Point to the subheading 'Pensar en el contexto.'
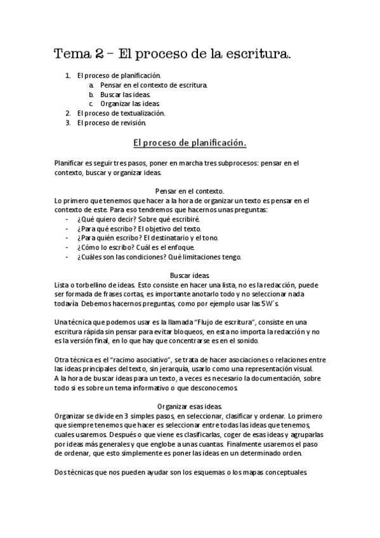(x=190, y=190)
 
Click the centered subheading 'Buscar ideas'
(x=190, y=275)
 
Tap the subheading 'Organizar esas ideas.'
(x=190, y=406)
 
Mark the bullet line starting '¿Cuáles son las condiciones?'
(x=159, y=257)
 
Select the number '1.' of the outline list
(x=68, y=75)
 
